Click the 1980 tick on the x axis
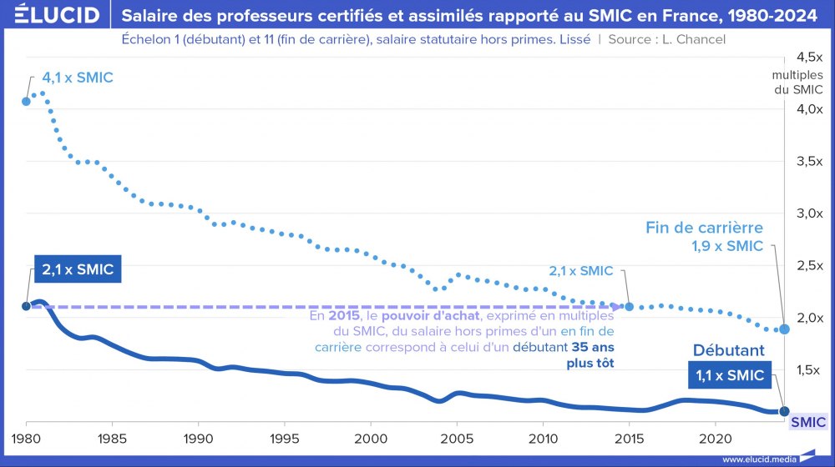click(x=27, y=438)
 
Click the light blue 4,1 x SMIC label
click(x=78, y=78)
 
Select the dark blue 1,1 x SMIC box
click(x=729, y=375)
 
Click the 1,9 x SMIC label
click(x=727, y=246)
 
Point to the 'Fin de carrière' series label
click(x=704, y=228)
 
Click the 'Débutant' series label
click(x=728, y=351)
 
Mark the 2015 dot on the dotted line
click(x=629, y=307)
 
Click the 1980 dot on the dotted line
click(x=27, y=101)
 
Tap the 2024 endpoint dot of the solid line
click(x=784, y=410)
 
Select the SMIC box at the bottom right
click(x=808, y=423)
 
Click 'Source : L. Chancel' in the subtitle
click(x=667, y=39)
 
